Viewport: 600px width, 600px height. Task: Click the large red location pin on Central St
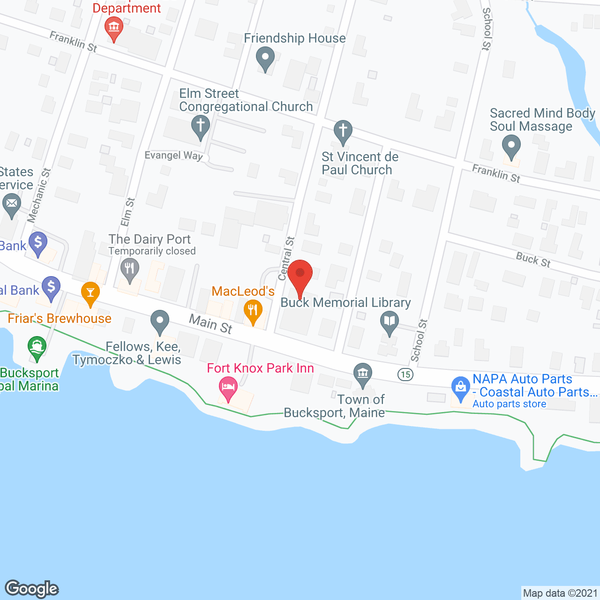click(x=300, y=274)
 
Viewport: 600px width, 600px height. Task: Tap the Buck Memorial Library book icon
click(x=390, y=321)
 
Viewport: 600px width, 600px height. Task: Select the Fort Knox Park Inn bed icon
click(x=228, y=387)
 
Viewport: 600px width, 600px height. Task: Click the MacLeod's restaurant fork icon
click(x=253, y=310)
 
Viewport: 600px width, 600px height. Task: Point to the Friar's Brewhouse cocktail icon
click(x=90, y=292)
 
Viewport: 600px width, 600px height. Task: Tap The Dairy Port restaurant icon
click(x=130, y=269)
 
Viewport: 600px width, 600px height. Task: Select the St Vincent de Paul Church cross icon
click(x=343, y=130)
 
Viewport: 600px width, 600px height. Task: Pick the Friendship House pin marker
click(x=265, y=59)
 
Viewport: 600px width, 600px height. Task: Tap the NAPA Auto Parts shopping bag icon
click(x=461, y=387)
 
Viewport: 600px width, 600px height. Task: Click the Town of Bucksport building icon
click(x=362, y=374)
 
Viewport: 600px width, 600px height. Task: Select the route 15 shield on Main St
click(x=405, y=374)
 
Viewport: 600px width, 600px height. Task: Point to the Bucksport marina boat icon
click(x=37, y=347)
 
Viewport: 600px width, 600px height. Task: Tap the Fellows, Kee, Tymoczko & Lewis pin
click(x=160, y=321)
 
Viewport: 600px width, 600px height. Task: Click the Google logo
click(x=32, y=589)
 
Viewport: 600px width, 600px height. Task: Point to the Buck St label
click(x=533, y=259)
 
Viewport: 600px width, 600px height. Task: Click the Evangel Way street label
click(x=173, y=156)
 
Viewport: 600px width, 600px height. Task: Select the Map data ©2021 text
click(x=560, y=593)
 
